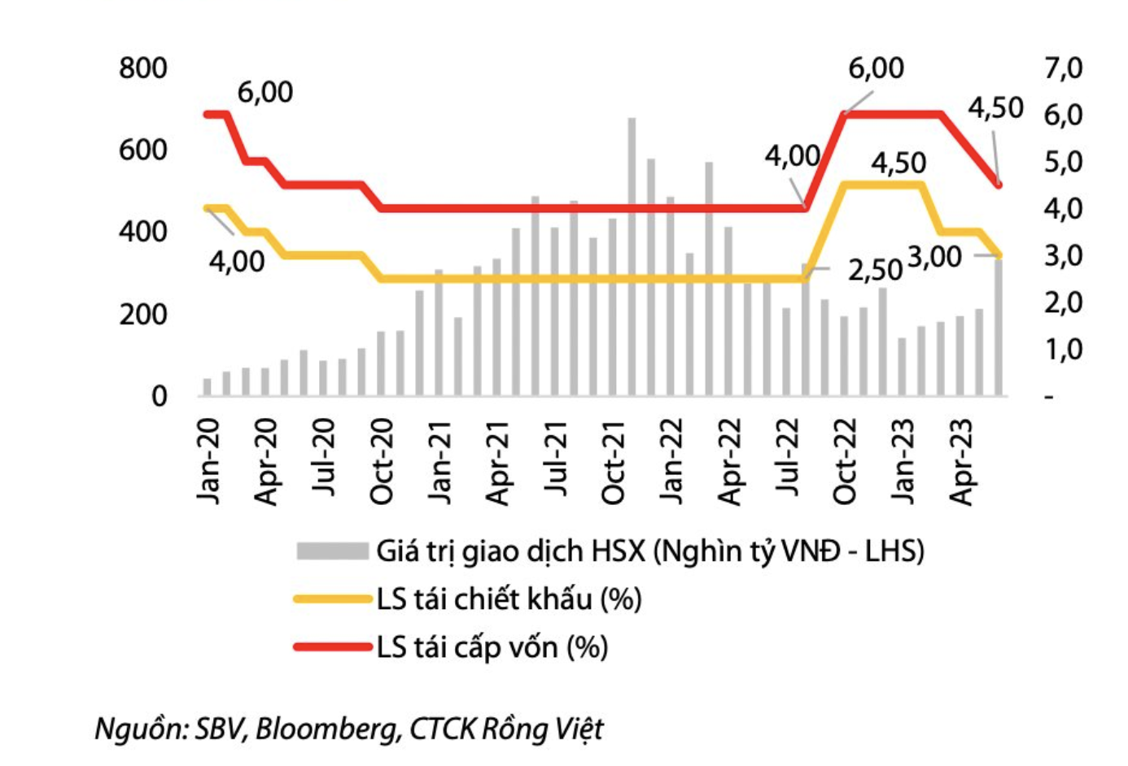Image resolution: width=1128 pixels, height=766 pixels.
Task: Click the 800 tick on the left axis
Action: (142, 68)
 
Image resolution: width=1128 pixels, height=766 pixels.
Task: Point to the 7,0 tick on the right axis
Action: (1063, 68)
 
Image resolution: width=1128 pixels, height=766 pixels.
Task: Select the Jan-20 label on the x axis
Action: (208, 461)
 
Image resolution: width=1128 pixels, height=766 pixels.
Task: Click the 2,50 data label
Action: (875, 270)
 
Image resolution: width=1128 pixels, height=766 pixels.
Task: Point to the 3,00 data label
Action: (934, 258)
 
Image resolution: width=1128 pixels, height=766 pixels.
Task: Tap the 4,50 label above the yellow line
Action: (898, 163)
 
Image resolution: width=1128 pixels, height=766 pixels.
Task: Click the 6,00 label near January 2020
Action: (265, 93)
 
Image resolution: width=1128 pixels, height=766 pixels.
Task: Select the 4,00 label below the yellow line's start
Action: (237, 262)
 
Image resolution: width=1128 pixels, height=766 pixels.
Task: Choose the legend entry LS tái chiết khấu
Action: (509, 599)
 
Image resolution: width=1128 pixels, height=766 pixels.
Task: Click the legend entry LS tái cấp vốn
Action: (492, 647)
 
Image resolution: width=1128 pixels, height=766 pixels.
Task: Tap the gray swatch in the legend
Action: (332, 551)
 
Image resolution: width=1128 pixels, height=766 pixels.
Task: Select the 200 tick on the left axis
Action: (142, 315)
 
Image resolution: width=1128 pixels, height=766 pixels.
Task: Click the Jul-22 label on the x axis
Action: (787, 461)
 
